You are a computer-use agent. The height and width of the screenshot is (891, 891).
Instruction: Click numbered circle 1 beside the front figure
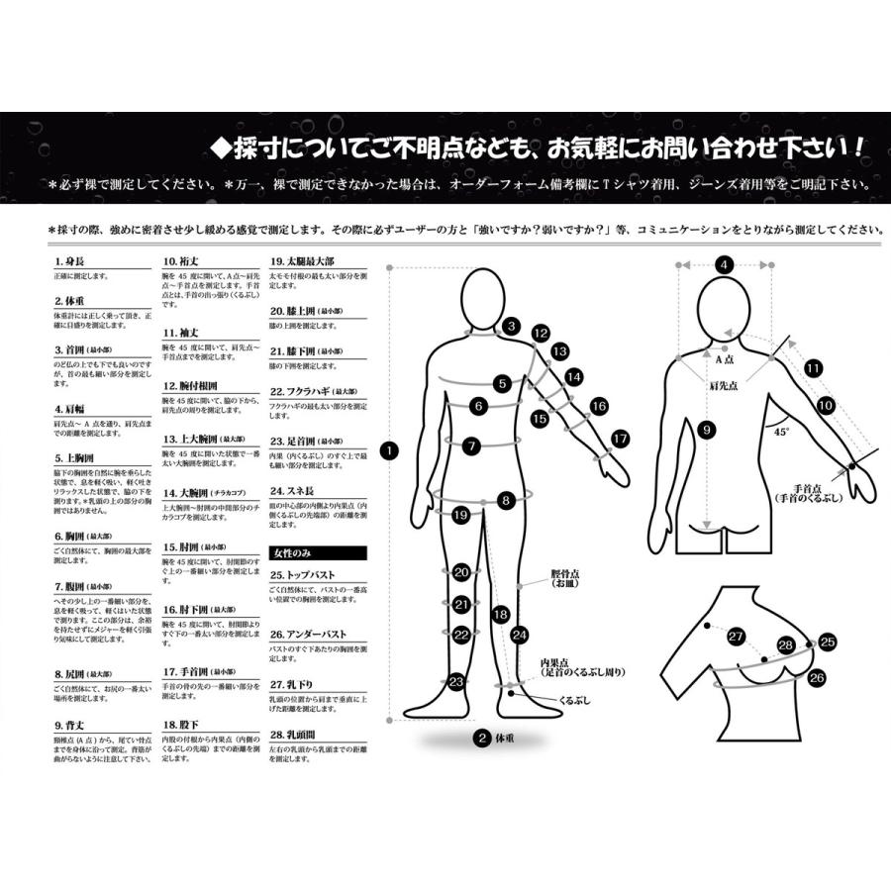[x=390, y=450]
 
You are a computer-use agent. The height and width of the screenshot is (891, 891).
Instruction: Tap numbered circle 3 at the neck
[x=511, y=326]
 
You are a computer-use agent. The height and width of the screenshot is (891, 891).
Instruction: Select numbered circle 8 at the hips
[x=505, y=501]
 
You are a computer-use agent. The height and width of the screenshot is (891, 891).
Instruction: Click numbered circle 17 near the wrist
[x=621, y=437]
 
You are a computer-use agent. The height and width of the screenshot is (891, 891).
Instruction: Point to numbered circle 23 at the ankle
[x=455, y=681]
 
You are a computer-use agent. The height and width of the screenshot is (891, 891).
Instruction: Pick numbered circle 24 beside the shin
[x=520, y=634]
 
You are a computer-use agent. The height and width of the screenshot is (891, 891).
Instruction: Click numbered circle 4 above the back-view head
[x=725, y=264]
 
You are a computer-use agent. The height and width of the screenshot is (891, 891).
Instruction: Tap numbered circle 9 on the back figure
[x=706, y=430]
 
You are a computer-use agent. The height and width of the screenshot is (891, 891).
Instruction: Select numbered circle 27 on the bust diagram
[x=736, y=636]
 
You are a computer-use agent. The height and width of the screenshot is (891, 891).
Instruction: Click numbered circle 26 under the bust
[x=817, y=678]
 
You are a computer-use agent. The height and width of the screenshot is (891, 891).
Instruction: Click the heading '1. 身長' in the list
[x=70, y=262]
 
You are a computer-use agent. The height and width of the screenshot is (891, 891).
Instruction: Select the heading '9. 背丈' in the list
[x=70, y=725]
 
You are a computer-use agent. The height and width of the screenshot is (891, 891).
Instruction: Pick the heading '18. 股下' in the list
[x=179, y=725]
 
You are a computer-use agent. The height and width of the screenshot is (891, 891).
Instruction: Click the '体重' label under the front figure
[x=504, y=737]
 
